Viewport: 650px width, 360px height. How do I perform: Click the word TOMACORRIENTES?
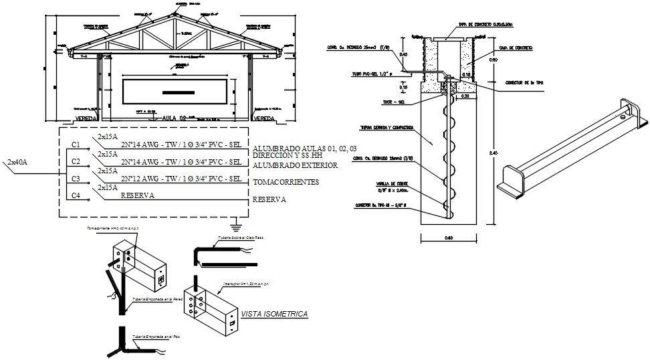click(286, 182)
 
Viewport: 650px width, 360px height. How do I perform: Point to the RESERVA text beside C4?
click(137, 195)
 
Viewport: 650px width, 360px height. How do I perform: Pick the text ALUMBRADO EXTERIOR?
click(294, 165)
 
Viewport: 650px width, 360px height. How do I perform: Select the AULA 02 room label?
click(174, 118)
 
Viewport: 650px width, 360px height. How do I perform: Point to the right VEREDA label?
click(265, 118)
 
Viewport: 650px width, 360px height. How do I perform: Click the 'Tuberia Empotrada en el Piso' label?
click(156, 337)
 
